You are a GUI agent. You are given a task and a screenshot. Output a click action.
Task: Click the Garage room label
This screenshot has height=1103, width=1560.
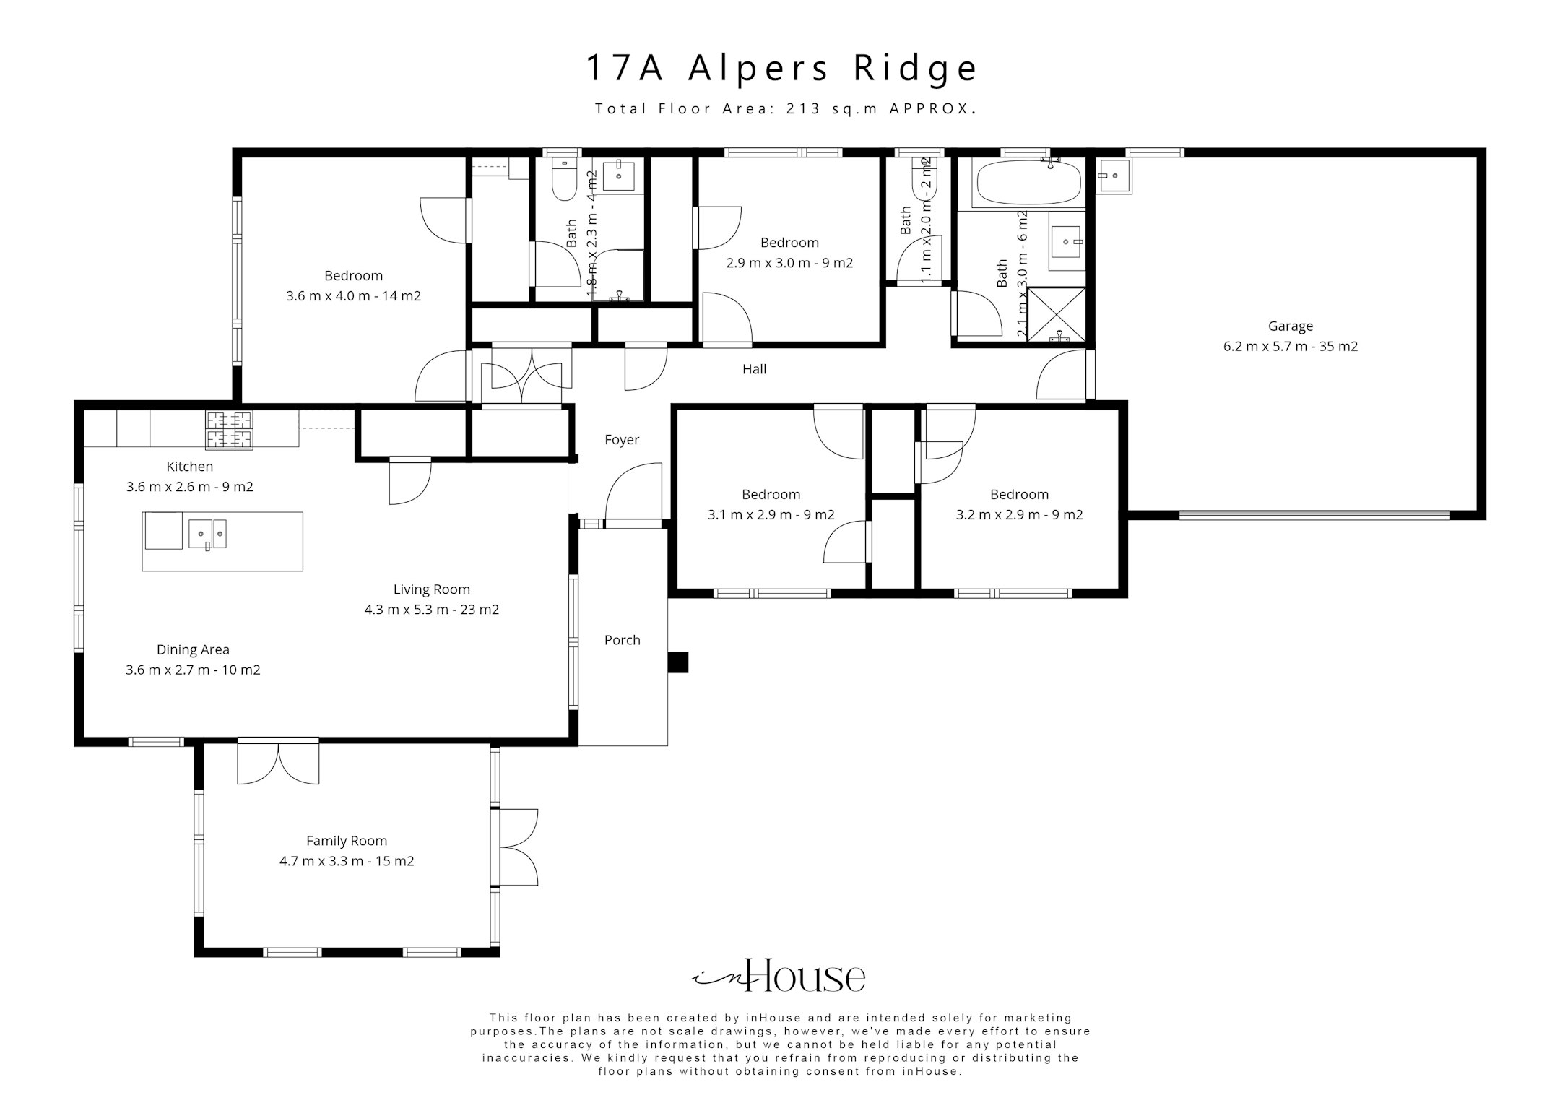(x=1290, y=326)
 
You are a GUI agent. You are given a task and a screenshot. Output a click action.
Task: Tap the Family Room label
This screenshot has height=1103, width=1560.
(x=347, y=841)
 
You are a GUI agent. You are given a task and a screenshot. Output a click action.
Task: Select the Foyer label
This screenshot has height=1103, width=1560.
(x=622, y=440)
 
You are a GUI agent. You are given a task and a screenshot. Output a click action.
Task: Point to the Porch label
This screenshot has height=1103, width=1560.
(x=622, y=640)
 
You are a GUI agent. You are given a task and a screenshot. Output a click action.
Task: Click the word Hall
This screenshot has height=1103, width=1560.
(x=754, y=369)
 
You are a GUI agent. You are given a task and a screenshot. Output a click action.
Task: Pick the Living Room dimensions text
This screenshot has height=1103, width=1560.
(x=432, y=610)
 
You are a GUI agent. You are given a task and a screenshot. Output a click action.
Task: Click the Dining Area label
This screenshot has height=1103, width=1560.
(x=193, y=649)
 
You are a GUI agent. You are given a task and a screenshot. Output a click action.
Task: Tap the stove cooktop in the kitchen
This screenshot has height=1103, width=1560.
(x=230, y=430)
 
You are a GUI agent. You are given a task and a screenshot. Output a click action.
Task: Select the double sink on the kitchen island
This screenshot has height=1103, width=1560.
(x=207, y=535)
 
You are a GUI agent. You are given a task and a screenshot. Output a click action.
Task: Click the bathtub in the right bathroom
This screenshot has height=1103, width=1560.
(x=1028, y=183)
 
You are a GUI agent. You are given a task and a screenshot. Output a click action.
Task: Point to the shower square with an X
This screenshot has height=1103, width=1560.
(x=1056, y=313)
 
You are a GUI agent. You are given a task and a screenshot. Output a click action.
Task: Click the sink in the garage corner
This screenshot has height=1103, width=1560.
(x=1114, y=176)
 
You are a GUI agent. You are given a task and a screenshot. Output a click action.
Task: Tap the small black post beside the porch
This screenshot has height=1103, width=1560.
(x=677, y=662)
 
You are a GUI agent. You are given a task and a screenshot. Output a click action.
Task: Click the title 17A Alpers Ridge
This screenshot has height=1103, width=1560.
(x=781, y=68)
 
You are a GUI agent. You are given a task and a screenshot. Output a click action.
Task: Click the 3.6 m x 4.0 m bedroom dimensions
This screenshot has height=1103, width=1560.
(x=354, y=296)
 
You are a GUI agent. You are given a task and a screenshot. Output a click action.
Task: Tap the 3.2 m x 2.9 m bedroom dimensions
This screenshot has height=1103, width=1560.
(x=1019, y=515)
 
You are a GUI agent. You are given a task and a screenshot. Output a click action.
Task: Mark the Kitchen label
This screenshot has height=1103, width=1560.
(x=190, y=467)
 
